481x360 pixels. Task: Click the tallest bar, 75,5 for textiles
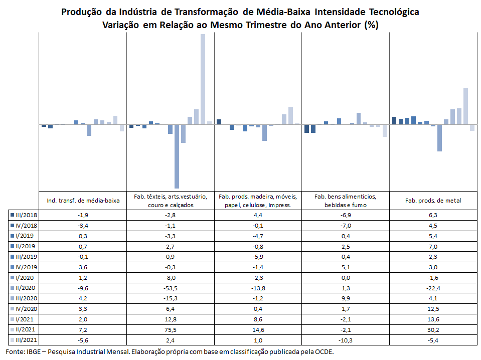pyautogui.click(x=203, y=79)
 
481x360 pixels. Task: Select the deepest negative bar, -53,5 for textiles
pyautogui.click(x=177, y=156)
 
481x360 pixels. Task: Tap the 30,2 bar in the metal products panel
pyautogui.click(x=465, y=106)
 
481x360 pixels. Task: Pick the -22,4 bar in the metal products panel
pyautogui.click(x=439, y=138)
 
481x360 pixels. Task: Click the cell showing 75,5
pyautogui.click(x=170, y=329)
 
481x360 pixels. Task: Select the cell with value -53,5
pyautogui.click(x=170, y=288)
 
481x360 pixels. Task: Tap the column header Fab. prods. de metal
pyautogui.click(x=433, y=201)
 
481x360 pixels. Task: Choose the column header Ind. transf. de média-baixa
pyautogui.click(x=83, y=201)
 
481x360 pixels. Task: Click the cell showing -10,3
pyautogui.click(x=346, y=340)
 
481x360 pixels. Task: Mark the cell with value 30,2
pyautogui.click(x=433, y=329)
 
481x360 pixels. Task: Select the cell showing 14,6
pyautogui.click(x=258, y=329)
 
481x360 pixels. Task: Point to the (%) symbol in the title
pyautogui.click(x=371, y=25)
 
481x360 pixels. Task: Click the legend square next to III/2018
pyautogui.click(x=12, y=215)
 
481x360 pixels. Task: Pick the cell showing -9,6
pyautogui.click(x=83, y=288)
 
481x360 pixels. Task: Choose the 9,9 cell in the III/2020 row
pyautogui.click(x=346, y=298)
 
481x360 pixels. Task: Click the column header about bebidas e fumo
pyautogui.click(x=346, y=201)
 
